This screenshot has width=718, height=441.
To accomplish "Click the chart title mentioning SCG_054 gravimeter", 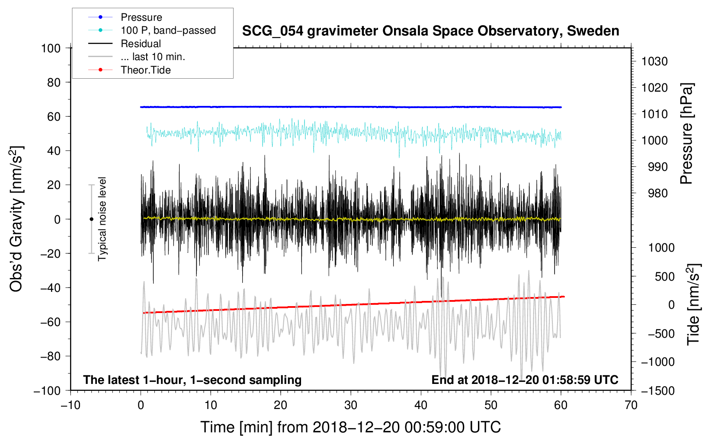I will coord(430,31).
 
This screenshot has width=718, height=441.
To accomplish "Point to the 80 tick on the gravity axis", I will coord(54,82).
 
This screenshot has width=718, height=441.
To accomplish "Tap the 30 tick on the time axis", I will coord(351,405).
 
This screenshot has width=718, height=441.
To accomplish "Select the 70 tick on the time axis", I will coord(631,405).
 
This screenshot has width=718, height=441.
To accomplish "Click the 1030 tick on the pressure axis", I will coord(654,61).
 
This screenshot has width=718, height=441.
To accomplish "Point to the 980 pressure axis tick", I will coord(657,193).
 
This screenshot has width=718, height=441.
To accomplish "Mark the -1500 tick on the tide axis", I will coord(658,390).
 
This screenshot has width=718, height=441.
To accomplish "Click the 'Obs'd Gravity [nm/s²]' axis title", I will coord(16,219).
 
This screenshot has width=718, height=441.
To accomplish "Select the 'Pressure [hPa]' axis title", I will coord(686,134).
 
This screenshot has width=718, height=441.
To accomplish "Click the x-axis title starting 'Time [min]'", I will coord(351,427).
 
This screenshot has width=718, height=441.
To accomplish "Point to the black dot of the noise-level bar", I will coord(91,219).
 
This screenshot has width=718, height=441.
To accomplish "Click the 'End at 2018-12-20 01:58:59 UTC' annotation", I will coord(525,380).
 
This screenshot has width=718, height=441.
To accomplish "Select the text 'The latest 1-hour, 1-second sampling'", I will coord(192,380).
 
